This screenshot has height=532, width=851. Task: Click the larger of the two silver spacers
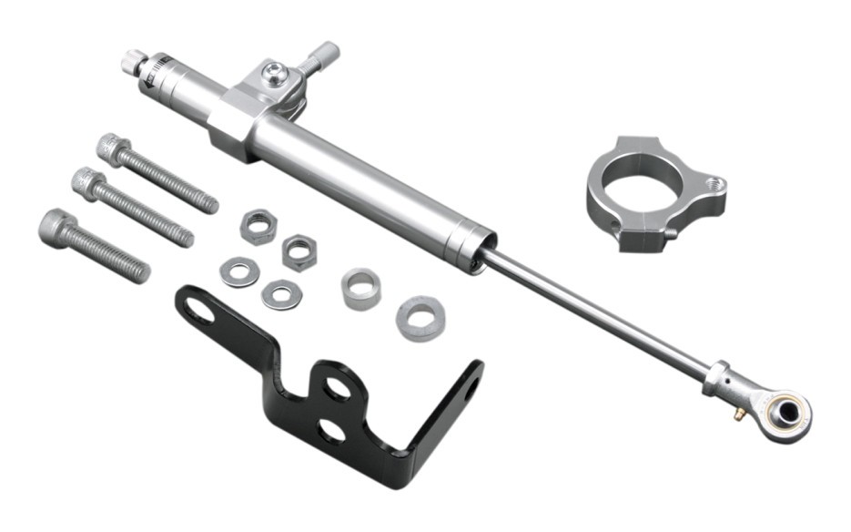[420, 318]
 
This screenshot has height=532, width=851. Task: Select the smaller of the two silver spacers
[360, 289]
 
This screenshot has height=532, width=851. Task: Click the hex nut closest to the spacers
[299, 251]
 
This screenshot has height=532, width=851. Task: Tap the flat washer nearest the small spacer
[280, 293]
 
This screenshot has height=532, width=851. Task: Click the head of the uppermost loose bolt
[111, 146]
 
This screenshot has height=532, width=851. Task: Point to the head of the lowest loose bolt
[56, 224]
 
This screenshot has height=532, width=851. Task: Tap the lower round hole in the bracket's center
[331, 430]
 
